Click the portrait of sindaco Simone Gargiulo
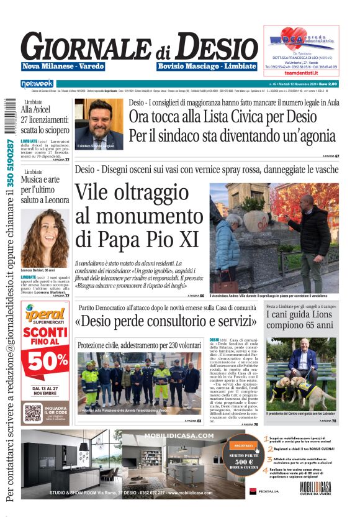click(x=99, y=124)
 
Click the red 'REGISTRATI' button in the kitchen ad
click(x=243, y=445)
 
